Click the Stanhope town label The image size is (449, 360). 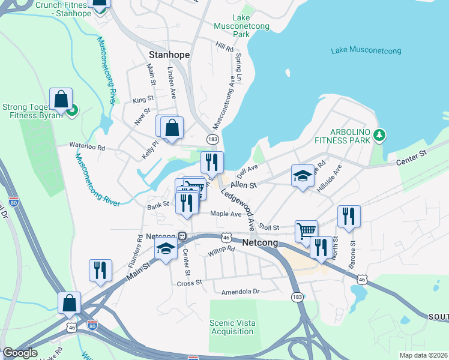[169, 55]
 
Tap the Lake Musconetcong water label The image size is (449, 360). [366, 50]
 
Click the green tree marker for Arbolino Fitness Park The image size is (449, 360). [378, 134]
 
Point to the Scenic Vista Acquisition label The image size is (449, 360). [232, 327]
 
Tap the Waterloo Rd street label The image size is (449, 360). [87, 146]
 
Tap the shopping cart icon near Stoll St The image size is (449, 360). [306, 230]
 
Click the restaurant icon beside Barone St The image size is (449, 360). [349, 216]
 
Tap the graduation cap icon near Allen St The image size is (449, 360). [303, 175]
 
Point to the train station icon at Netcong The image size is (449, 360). [181, 236]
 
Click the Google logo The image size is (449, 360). [20, 353]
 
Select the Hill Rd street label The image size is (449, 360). [224, 46]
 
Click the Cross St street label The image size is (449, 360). [188, 283]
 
